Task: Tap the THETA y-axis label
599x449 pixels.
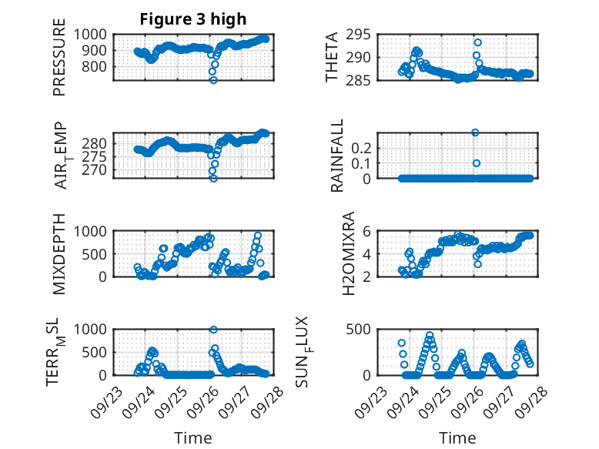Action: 332,58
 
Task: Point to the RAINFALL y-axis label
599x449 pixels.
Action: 338,156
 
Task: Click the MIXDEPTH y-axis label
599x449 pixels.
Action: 59,253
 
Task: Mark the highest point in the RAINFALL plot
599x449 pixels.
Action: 476,132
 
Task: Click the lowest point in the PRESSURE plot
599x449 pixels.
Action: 213,80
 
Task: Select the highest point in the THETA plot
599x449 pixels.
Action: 477,42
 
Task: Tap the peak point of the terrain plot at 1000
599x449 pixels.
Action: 213,330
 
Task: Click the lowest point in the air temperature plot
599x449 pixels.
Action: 213,178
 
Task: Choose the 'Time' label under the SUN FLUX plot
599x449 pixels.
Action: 457,438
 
